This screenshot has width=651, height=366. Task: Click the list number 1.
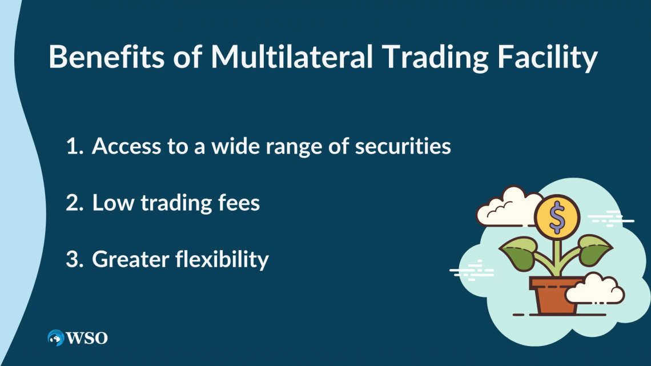[x=74, y=147]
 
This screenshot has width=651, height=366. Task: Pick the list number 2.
[x=74, y=203]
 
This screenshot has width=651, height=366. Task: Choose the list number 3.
[x=74, y=260]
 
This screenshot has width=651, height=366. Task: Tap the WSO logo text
[x=87, y=338]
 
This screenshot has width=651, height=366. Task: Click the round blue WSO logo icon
[x=56, y=338]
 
